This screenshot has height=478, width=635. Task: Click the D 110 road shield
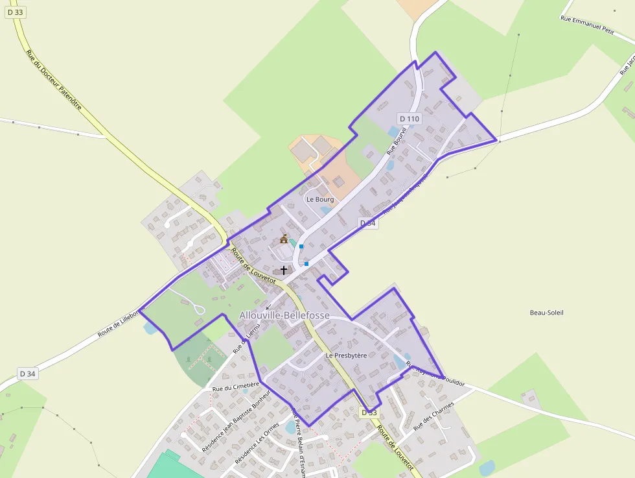click(x=410, y=119)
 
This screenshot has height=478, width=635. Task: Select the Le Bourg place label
click(x=320, y=199)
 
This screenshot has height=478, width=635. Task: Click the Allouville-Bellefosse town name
click(x=284, y=316)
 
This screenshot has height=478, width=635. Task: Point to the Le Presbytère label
click(x=346, y=355)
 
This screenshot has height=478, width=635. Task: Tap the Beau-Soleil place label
click(x=547, y=313)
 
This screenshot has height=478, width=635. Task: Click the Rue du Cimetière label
click(x=236, y=387)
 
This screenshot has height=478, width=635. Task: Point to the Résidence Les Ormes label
click(x=257, y=443)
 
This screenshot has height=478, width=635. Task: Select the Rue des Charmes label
click(x=433, y=415)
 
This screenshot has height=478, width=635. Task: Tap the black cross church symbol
click(x=283, y=270)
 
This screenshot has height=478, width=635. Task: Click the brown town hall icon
click(x=284, y=239)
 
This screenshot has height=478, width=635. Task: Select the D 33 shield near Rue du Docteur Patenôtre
click(x=15, y=12)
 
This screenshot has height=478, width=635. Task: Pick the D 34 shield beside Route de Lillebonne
click(x=27, y=374)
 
